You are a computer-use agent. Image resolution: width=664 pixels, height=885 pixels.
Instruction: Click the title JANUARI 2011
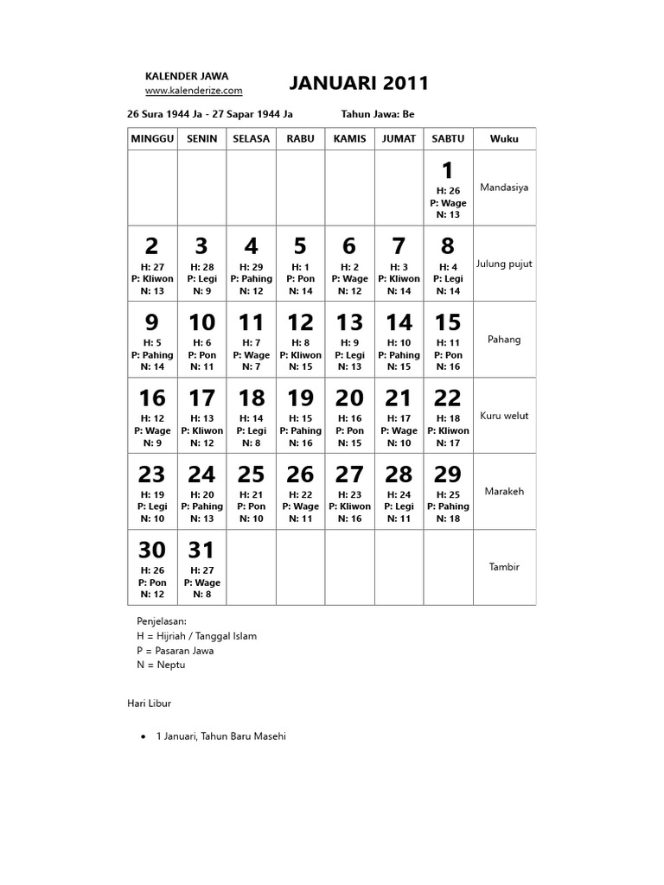pyautogui.click(x=358, y=83)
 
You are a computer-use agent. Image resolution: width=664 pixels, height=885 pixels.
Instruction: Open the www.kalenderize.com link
pyautogui.click(x=194, y=90)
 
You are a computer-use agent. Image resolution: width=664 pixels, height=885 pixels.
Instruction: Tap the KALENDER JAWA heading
pyautogui.click(x=187, y=76)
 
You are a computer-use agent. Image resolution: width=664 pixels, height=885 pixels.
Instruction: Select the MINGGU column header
pyautogui.click(x=152, y=138)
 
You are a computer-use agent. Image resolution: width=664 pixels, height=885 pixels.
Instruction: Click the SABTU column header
pyautogui.click(x=447, y=138)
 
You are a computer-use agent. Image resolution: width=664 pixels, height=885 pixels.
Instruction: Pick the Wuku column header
pyautogui.click(x=504, y=138)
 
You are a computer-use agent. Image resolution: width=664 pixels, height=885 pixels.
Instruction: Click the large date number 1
pyautogui.click(x=447, y=170)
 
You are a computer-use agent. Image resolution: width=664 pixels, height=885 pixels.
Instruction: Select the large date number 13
pyautogui.click(x=349, y=322)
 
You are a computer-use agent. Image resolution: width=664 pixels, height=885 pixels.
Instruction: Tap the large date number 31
pyautogui.click(x=201, y=550)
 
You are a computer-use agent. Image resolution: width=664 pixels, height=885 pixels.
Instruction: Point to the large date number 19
pyautogui.click(x=300, y=398)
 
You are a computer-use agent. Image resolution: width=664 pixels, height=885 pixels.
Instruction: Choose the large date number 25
pyautogui.click(x=251, y=474)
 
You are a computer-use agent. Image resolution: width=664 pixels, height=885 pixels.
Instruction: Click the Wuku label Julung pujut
pyautogui.click(x=504, y=264)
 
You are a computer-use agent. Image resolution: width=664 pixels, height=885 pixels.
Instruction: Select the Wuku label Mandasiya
pyautogui.click(x=504, y=187)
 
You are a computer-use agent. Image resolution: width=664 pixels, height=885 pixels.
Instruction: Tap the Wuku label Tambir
pyautogui.click(x=504, y=567)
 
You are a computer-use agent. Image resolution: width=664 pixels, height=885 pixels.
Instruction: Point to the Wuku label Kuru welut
pyautogui.click(x=504, y=416)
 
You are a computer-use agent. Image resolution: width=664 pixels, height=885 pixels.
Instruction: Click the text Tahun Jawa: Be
pyautogui.click(x=378, y=114)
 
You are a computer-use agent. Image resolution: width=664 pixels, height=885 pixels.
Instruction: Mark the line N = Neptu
pyautogui.click(x=161, y=665)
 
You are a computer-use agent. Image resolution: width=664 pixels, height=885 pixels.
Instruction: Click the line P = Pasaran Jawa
pyautogui.click(x=175, y=650)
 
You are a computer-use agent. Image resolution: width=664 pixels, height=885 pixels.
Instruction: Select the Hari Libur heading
pyautogui.click(x=150, y=704)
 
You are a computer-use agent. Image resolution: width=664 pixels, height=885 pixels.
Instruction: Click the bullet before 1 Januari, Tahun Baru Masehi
pyautogui.click(x=143, y=736)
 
